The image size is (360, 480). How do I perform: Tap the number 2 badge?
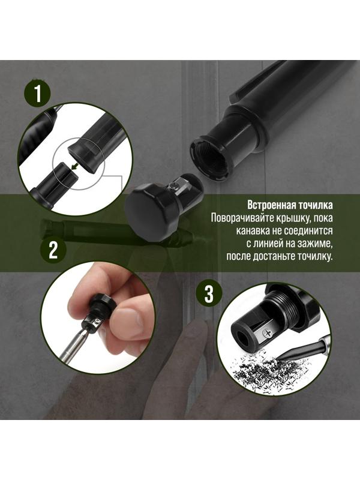53,249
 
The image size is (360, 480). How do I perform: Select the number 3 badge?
208,294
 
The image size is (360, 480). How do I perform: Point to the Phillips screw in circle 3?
266,329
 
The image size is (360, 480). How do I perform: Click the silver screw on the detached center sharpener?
172,187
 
